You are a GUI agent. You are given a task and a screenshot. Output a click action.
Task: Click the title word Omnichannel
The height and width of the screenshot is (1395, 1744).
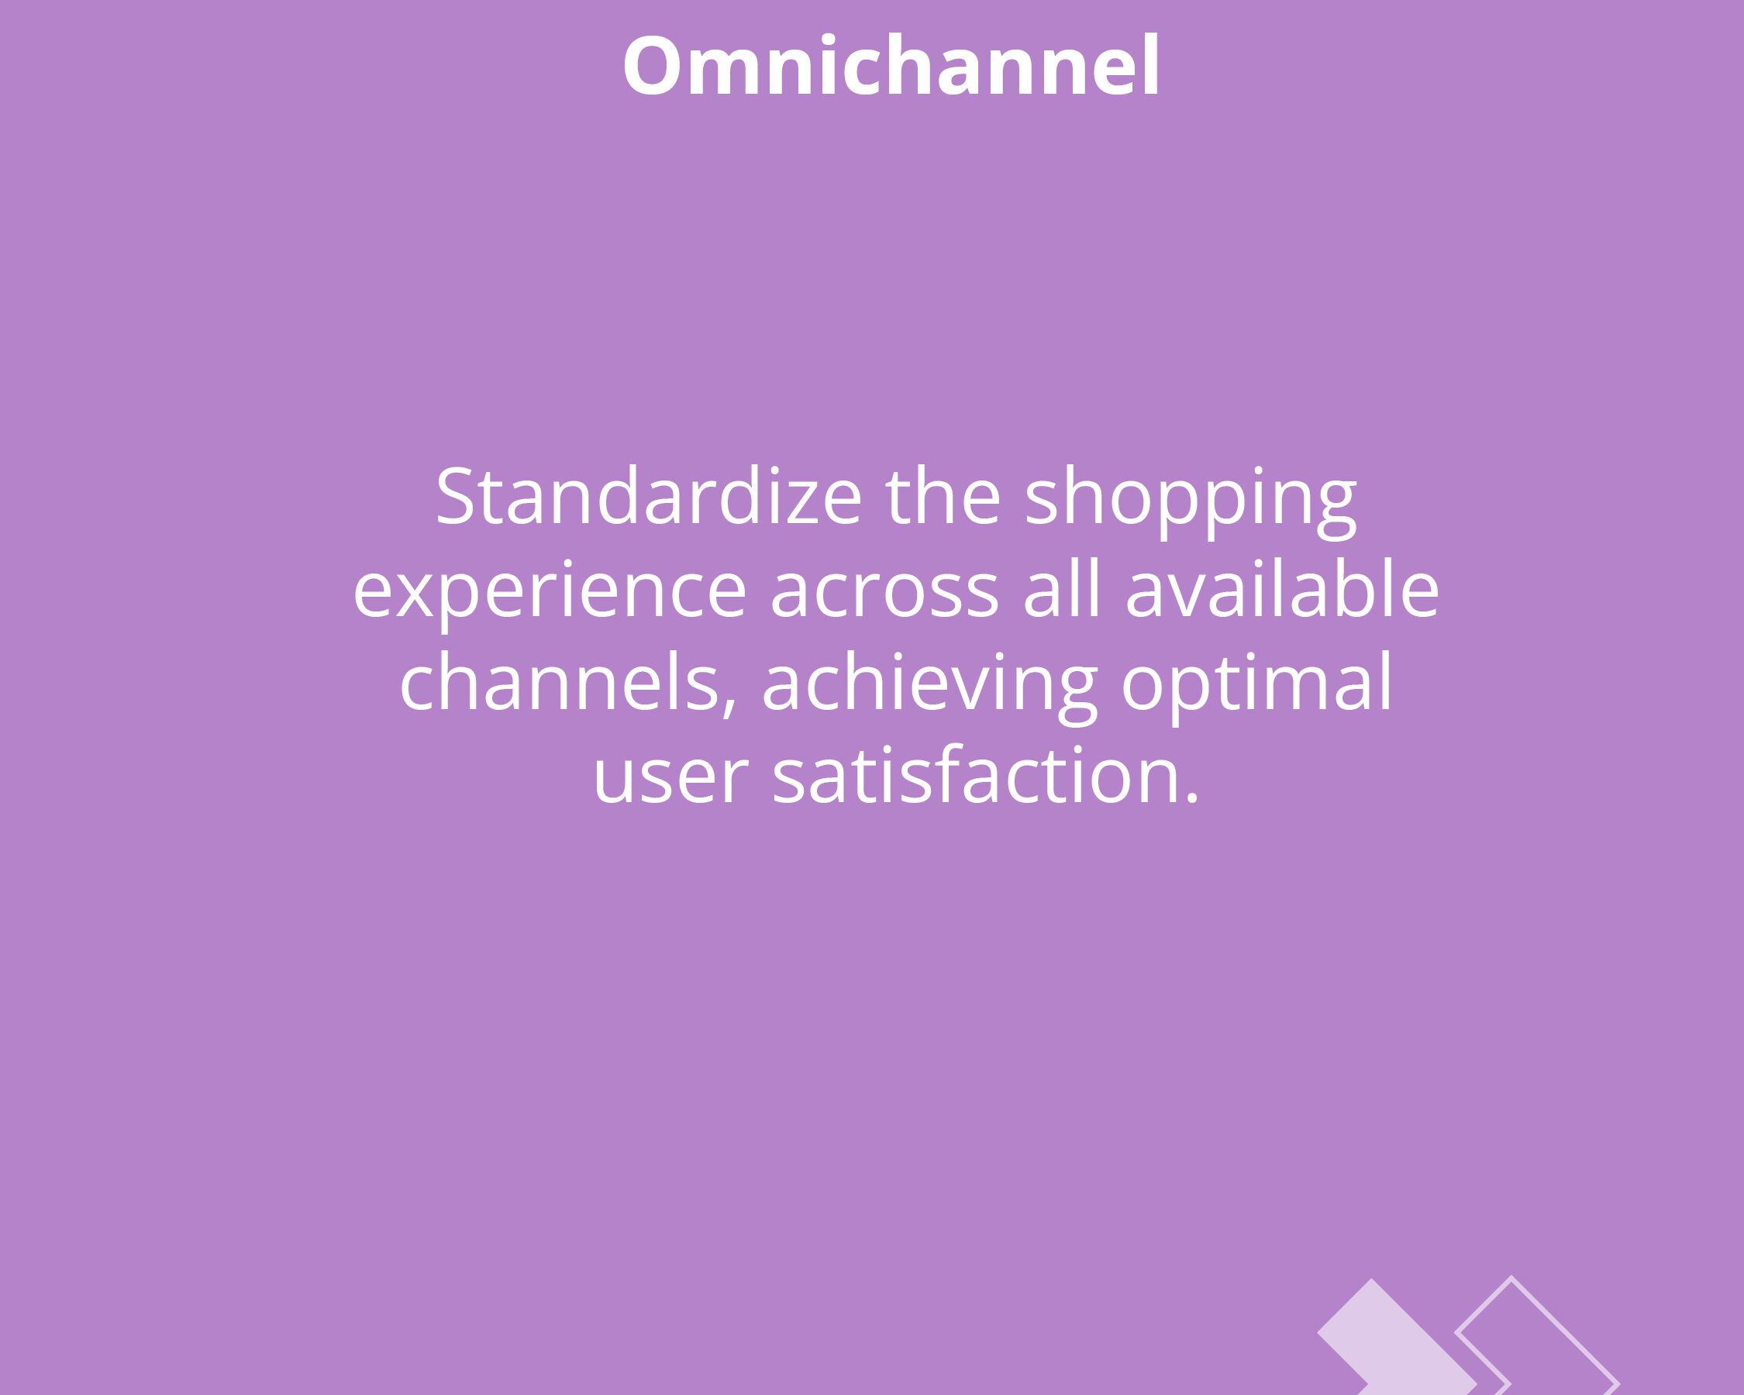[891, 66]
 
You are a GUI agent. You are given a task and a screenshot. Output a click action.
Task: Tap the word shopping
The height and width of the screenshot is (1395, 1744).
[1191, 501]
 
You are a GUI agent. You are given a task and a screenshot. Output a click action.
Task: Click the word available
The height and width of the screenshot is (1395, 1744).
[1282, 588]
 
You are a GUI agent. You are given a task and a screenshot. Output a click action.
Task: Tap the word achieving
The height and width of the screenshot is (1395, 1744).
[929, 687]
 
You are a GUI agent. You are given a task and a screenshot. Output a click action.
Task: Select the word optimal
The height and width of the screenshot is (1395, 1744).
[1256, 687]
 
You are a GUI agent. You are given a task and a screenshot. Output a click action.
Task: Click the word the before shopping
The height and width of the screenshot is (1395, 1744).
[943, 496]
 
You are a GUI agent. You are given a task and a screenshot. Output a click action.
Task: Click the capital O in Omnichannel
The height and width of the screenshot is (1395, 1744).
[652, 67]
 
